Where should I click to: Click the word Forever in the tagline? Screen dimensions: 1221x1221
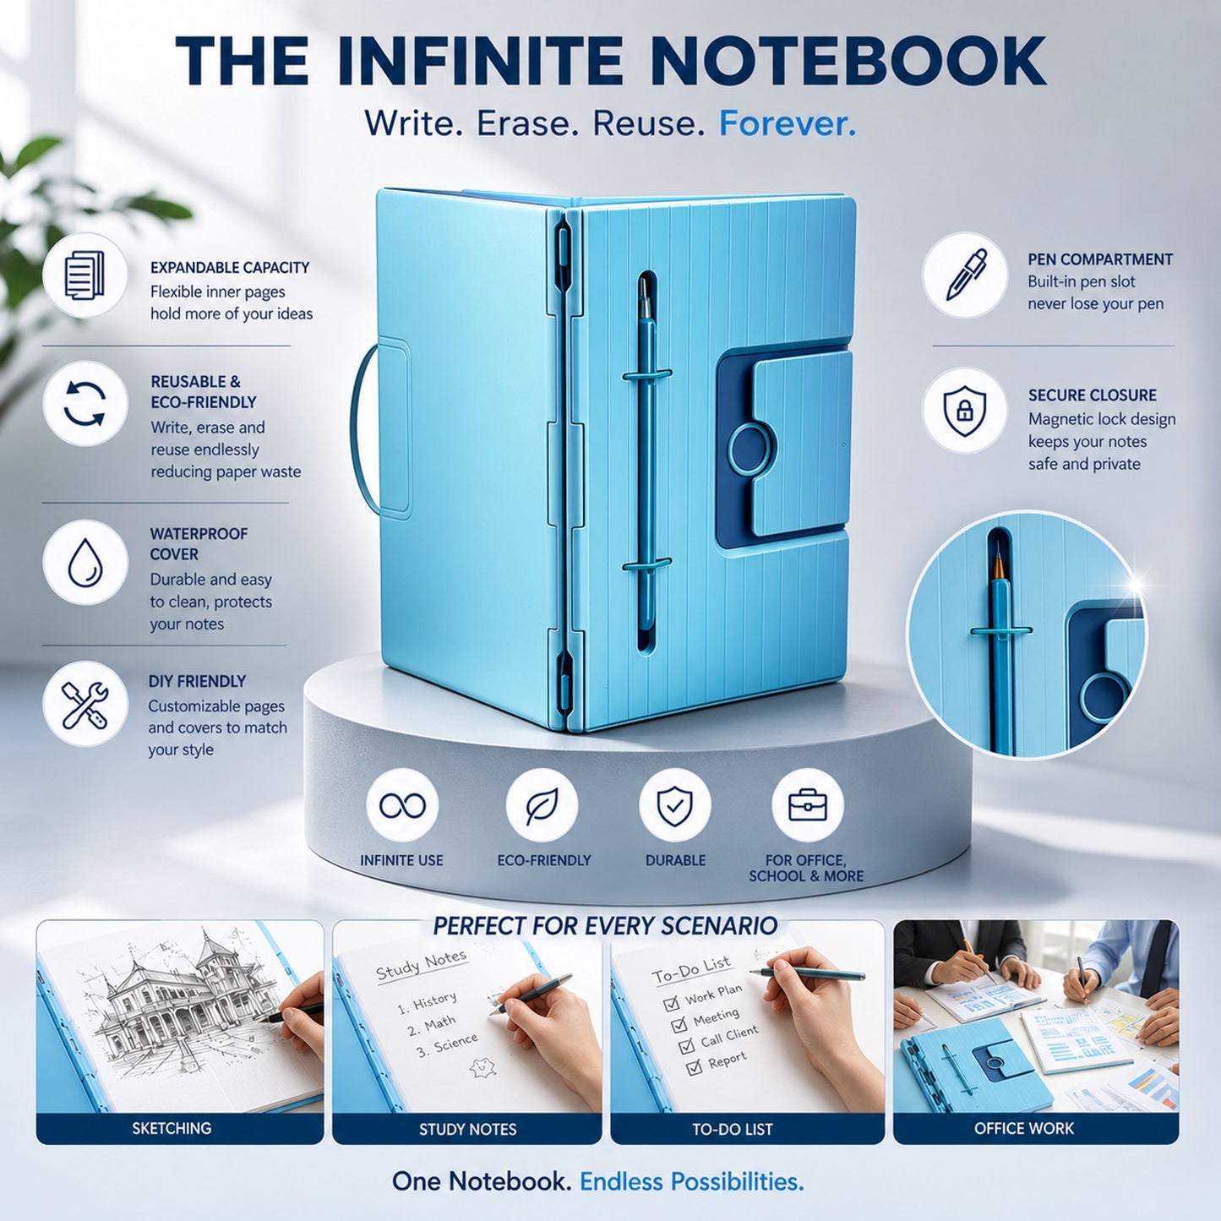pyautogui.click(x=787, y=123)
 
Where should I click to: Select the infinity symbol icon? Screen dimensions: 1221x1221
pyautogui.click(x=402, y=805)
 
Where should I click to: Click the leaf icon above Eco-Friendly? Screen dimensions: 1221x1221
pyautogui.click(x=542, y=805)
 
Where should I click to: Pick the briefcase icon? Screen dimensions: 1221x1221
pyautogui.click(x=808, y=805)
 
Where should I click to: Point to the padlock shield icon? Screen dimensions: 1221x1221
pyautogui.click(x=965, y=409)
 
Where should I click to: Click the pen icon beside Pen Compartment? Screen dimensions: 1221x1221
pyautogui.click(x=965, y=275)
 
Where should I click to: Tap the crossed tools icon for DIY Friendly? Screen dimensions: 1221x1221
pyautogui.click(x=84, y=704)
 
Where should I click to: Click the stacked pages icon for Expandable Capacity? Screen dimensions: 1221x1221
pyautogui.click(x=84, y=275)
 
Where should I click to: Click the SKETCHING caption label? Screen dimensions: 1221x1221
pyautogui.click(x=172, y=1129)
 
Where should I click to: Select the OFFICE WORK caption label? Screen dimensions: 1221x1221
pyautogui.click(x=1024, y=1129)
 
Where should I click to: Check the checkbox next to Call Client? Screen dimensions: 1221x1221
pyautogui.click(x=687, y=1046)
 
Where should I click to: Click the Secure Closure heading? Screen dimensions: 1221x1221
pyautogui.click(x=1093, y=395)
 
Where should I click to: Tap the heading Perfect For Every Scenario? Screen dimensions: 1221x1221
pyautogui.click(x=605, y=926)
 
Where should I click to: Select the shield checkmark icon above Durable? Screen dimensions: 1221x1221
pyautogui.click(x=675, y=805)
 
